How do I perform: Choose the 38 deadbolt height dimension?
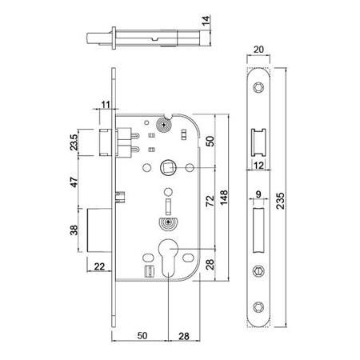tap(74, 232)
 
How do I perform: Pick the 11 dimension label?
tap(106, 103)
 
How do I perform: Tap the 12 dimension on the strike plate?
tap(258, 165)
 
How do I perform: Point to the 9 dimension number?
tap(258, 192)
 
